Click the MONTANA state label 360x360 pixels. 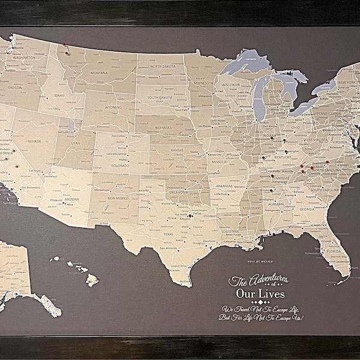[x=98, y=73]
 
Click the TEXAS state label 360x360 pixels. [x=167, y=235]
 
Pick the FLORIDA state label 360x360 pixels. [x=334, y=251]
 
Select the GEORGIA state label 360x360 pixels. [x=307, y=209]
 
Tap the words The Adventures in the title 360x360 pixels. [x=259, y=279]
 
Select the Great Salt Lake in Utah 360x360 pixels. [x=71, y=126]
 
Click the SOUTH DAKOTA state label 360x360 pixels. [x=160, y=97]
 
